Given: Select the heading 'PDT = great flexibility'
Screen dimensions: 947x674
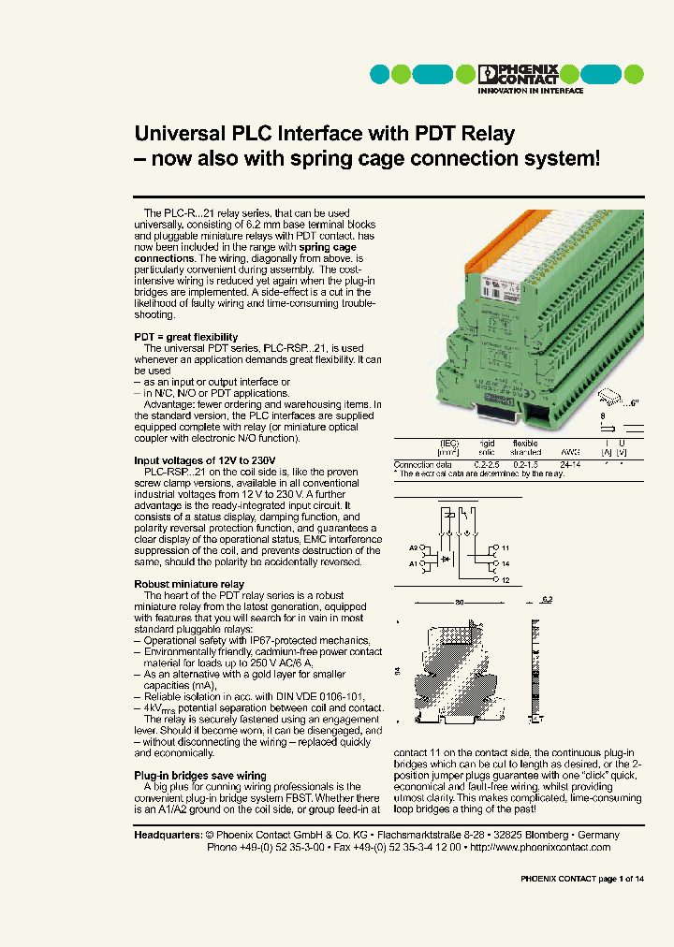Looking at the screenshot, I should click(185, 337).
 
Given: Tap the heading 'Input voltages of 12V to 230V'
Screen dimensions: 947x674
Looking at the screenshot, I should click(206, 460).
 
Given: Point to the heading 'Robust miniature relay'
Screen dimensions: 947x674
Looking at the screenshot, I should click(189, 584).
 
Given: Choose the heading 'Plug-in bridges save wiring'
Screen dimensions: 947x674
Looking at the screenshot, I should click(200, 775).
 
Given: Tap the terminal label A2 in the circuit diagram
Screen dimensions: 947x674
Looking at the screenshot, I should click(414, 547).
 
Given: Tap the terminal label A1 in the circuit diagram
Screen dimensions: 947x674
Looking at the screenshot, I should click(414, 565).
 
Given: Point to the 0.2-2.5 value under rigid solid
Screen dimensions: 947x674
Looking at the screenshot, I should click(487, 464).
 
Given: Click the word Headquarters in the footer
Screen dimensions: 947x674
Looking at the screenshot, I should click(168, 835).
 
